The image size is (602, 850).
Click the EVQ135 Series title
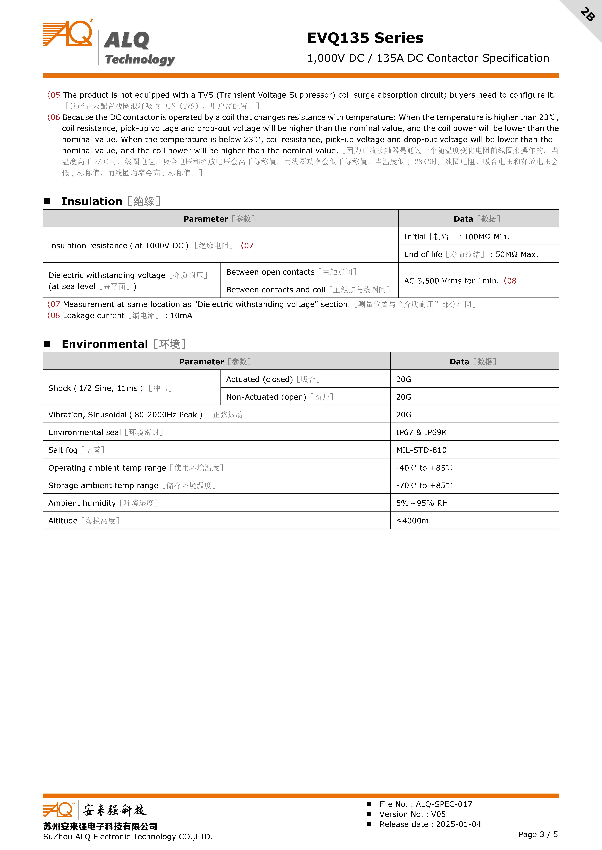coord(365,38)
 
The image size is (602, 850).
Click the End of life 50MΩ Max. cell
coord(471,254)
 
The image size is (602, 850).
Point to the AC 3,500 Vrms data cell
coord(460,281)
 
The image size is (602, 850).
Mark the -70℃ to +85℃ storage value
coord(424,485)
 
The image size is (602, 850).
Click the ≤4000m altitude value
coord(412,521)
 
